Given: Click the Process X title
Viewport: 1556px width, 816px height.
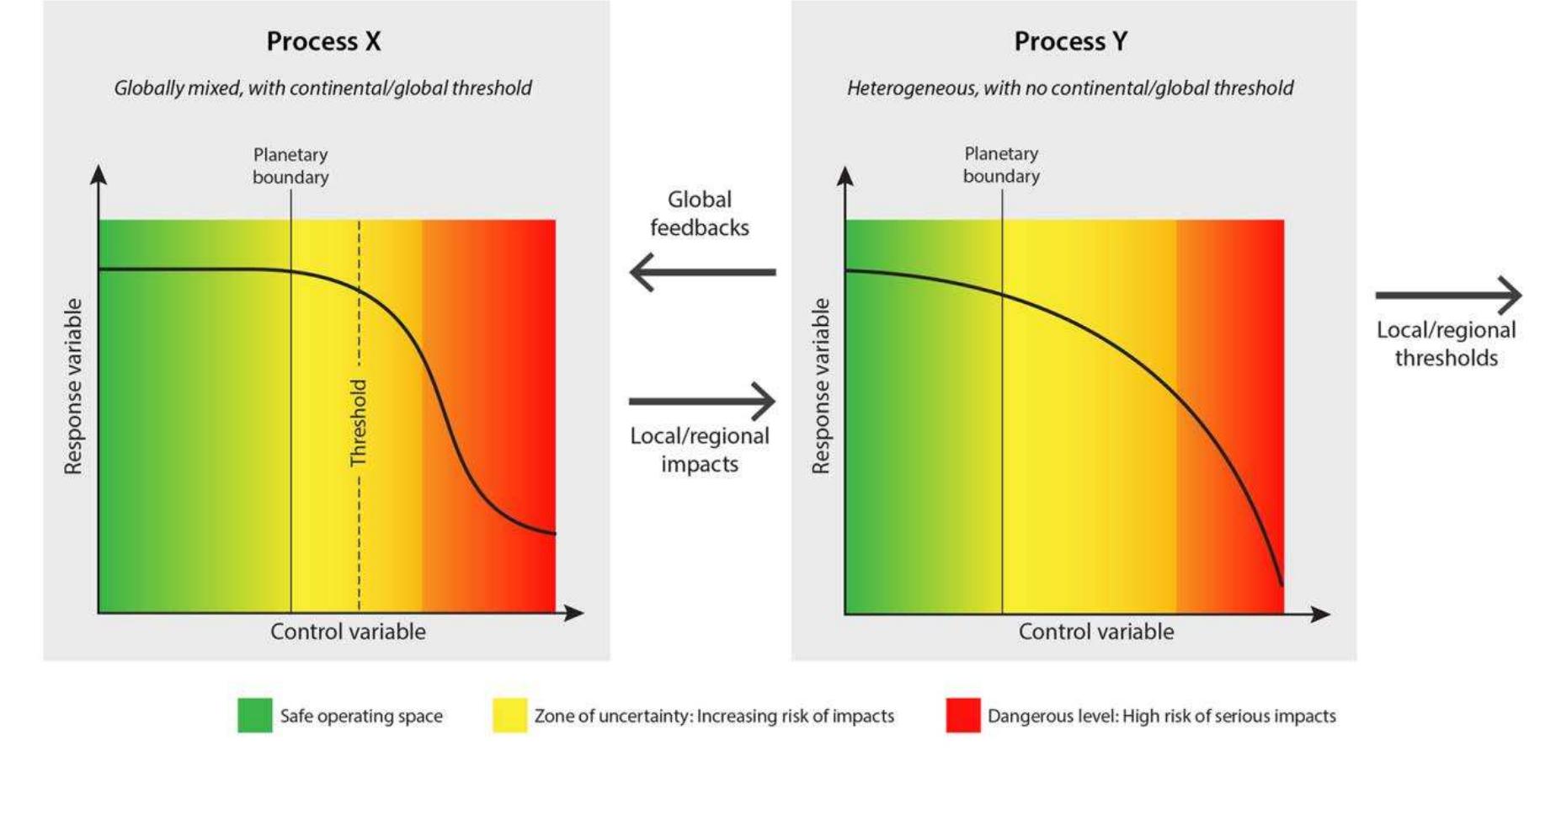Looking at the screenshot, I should tap(323, 41).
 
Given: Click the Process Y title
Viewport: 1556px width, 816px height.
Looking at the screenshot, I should tap(1070, 41).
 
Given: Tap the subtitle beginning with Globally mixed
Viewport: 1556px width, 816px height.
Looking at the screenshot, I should tap(322, 88).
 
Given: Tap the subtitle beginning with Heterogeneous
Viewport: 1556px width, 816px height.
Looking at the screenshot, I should tap(1070, 88).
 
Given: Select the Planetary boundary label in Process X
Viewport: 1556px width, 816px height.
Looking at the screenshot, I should tap(290, 166).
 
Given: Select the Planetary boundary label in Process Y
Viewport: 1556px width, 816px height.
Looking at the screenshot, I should tap(1001, 165).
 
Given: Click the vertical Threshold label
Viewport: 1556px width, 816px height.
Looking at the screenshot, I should tap(359, 423).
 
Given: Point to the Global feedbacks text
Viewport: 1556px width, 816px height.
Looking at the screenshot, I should tap(700, 213).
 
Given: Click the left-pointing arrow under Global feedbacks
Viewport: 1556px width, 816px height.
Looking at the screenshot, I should tap(701, 272).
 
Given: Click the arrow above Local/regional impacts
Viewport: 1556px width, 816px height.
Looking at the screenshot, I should tap(701, 401).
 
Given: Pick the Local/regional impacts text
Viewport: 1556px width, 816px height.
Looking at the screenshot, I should tap(700, 450).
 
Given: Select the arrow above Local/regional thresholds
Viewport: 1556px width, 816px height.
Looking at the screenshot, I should tap(1448, 295).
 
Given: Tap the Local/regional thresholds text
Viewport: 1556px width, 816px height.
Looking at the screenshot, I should tap(1446, 344).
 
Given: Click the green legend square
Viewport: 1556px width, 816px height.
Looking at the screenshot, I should tap(254, 715).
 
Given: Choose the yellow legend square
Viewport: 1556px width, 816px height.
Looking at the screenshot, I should tap(509, 715).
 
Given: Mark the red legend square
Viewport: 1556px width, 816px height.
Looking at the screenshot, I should tap(962, 715).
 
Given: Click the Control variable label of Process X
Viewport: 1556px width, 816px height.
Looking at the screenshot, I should tap(348, 632).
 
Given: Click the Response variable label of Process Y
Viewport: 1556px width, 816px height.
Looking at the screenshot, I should tap(820, 387).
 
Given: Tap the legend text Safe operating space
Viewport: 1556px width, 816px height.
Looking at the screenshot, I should tap(361, 716).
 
